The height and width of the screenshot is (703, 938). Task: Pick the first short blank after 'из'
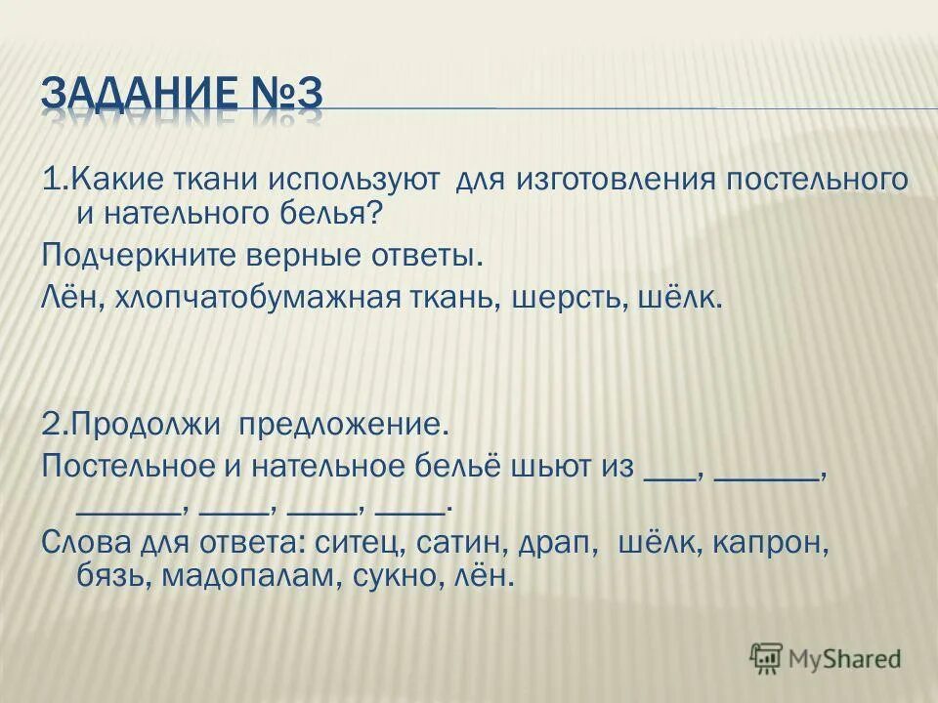coord(671,474)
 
